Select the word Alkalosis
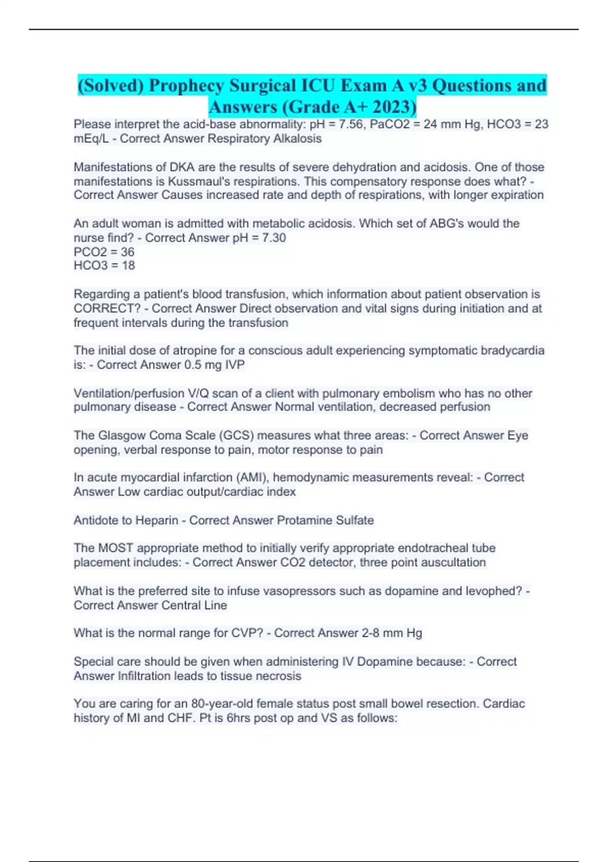[297, 138]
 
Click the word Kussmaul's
[205, 181]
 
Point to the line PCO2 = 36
[104, 252]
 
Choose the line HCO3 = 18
[104, 265]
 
